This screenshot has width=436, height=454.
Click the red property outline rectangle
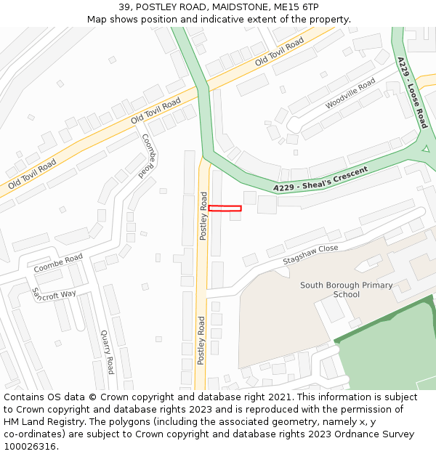(x=225, y=208)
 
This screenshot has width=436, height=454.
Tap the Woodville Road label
(x=350, y=94)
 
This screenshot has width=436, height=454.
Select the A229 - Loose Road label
(x=411, y=92)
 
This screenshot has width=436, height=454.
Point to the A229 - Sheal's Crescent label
(x=320, y=179)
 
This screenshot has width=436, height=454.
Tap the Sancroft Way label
(x=54, y=294)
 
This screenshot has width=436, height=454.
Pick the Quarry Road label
(x=107, y=352)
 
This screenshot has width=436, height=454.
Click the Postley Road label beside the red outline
(x=204, y=216)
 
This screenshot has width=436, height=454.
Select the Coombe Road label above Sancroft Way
(x=58, y=263)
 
